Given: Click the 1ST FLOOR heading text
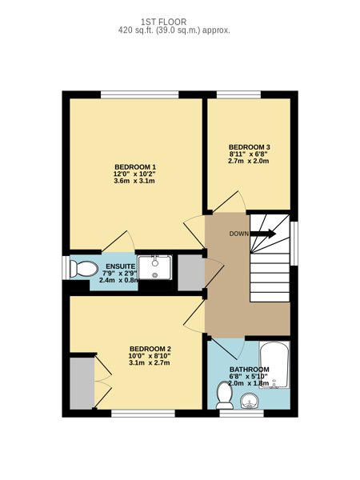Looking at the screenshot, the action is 163,22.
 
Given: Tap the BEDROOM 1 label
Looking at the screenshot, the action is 135,167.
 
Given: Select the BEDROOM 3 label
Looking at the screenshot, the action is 249,147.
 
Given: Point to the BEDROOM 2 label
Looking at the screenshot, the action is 150,349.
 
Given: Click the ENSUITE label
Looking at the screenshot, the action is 120,266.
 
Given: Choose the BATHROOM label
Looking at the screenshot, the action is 249,370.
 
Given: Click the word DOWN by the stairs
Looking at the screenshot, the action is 239,234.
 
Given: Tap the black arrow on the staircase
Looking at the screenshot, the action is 263,234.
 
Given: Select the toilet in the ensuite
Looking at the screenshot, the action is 83,269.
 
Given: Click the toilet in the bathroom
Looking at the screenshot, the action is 225,395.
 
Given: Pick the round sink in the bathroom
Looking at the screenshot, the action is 249,402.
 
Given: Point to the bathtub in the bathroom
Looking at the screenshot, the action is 274,366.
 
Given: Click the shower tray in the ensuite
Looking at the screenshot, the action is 154,267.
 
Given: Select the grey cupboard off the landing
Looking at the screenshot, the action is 191,273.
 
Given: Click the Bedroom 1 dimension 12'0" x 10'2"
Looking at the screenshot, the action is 135,174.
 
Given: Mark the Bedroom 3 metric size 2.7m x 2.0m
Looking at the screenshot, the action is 249,161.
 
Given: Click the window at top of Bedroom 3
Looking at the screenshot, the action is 238,94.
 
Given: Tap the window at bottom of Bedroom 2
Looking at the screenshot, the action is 143,414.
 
